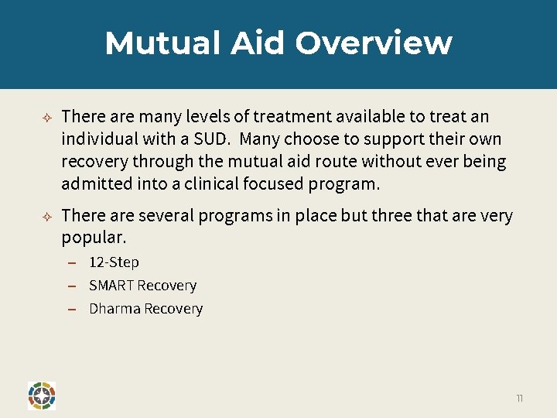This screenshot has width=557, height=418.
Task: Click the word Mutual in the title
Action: coord(163,43)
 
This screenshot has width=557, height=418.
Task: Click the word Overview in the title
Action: coord(374,43)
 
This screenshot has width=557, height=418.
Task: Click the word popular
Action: coord(94,235)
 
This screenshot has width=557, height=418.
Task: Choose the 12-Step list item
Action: coord(114,262)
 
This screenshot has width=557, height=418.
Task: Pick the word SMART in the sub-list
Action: coord(111,286)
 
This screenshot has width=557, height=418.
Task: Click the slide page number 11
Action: coord(520,398)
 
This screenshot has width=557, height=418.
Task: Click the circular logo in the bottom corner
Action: coord(41,395)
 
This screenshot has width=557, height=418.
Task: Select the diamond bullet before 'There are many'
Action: coord(46,117)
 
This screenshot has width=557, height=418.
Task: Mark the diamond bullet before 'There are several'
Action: coord(46,216)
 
